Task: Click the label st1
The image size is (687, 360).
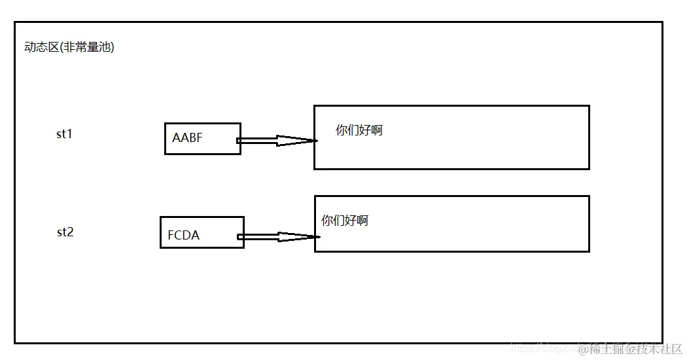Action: point(64,134)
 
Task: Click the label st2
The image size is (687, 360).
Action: point(65,232)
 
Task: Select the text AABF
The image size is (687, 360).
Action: point(187,138)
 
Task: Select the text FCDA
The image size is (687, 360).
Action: point(183,236)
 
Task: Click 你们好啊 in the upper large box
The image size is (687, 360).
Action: point(359,130)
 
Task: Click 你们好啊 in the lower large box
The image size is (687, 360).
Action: point(345,221)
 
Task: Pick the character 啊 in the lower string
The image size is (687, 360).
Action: point(362,221)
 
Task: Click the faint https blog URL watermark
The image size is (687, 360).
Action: point(543,349)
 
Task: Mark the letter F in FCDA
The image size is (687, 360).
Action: point(171,236)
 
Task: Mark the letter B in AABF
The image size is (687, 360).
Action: point(192,138)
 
